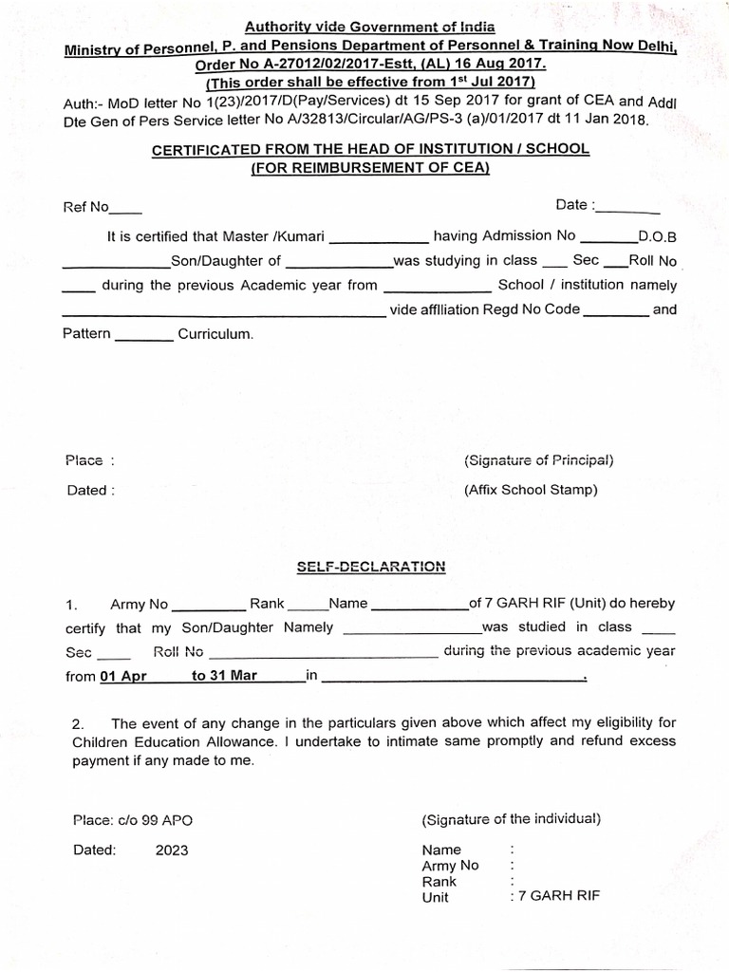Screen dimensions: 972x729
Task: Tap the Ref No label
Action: coord(86,207)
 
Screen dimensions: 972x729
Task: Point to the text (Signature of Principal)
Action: coord(538,460)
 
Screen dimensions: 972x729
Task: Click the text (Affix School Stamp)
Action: coord(531,491)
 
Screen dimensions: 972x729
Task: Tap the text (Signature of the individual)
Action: coord(511,819)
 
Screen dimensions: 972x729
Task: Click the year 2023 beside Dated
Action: coord(172,850)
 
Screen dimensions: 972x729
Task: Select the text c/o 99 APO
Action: coord(156,820)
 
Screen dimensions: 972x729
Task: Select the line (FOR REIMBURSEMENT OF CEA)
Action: coord(371,169)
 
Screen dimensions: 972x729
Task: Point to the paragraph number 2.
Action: coord(79,724)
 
